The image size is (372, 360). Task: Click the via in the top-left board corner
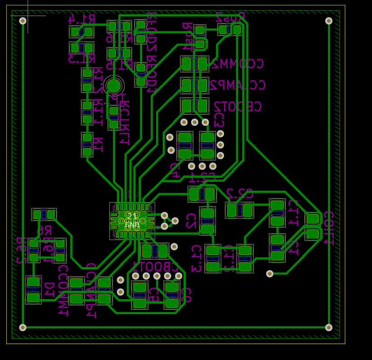click(23, 21)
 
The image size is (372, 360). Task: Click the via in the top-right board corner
click(329, 21)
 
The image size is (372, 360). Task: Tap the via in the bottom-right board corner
click(329, 327)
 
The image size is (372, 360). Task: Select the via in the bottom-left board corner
click(23, 327)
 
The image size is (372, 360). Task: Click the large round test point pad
click(114, 85)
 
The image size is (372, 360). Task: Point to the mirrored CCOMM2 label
click(238, 63)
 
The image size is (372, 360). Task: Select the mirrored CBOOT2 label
click(238, 107)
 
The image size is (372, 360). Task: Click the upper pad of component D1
click(33, 283)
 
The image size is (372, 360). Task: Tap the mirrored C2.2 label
click(239, 194)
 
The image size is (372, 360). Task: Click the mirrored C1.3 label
click(196, 259)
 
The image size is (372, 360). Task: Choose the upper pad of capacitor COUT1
click(312, 219)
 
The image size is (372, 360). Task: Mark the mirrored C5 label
click(153, 294)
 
